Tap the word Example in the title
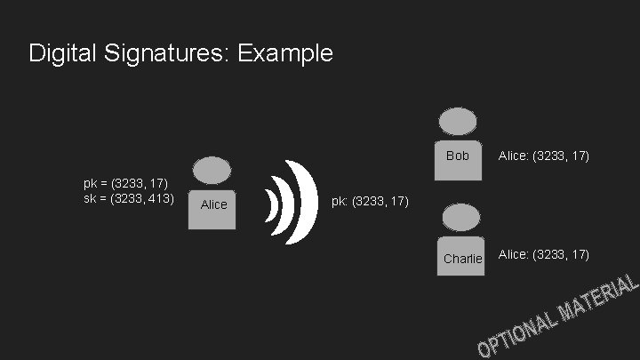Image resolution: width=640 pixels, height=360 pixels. point(285,53)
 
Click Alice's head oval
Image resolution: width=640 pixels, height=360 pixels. point(212,171)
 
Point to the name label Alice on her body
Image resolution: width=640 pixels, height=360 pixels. point(213,204)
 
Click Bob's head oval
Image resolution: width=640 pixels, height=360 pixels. point(458,122)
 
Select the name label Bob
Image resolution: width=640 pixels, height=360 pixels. point(458,156)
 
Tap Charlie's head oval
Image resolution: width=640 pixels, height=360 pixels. point(462,217)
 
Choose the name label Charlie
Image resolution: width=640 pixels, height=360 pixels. point(462,258)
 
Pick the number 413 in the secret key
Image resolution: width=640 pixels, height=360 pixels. point(157,197)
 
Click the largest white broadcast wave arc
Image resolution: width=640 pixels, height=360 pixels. point(308,203)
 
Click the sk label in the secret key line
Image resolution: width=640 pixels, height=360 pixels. point(90,197)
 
